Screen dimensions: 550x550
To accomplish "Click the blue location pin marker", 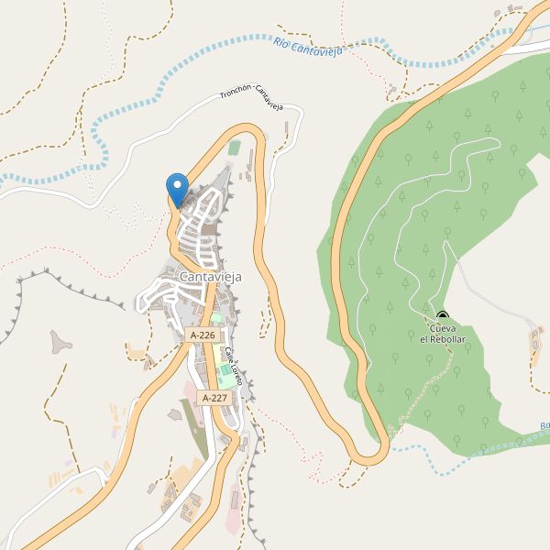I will [178, 188].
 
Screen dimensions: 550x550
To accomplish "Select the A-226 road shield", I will [203, 335].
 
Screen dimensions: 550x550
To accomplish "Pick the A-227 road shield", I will [214, 397].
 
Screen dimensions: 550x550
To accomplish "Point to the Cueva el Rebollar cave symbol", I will [443, 316].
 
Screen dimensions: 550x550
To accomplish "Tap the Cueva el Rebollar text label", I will [443, 334].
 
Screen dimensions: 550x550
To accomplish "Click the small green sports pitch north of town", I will [235, 147].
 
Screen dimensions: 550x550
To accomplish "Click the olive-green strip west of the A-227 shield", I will [194, 426].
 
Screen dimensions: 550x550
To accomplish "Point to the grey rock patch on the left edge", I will [61, 342].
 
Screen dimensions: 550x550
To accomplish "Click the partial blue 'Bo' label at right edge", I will [544, 426].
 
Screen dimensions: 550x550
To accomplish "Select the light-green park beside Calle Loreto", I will [225, 376].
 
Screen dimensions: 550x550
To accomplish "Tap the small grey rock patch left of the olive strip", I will [173, 415].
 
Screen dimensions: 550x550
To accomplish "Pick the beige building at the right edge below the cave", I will [535, 341].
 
